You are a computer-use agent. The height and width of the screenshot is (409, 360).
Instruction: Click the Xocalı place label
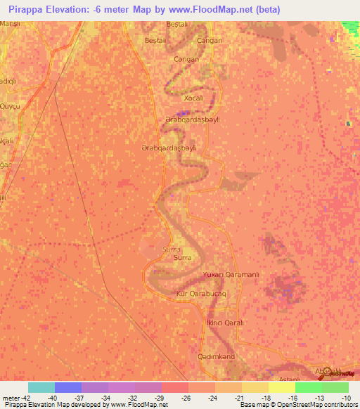[x=193, y=98]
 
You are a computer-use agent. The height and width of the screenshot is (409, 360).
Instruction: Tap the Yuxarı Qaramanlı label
[x=231, y=274]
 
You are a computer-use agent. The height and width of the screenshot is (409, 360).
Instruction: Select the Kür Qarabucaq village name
[x=201, y=293]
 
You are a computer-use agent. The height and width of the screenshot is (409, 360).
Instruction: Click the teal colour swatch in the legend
[x=41, y=387]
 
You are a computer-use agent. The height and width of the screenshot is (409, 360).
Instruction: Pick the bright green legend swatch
[x=309, y=387]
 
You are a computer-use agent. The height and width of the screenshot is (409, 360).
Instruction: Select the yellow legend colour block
[x=282, y=387]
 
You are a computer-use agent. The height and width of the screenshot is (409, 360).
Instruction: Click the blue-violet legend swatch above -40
[x=68, y=387]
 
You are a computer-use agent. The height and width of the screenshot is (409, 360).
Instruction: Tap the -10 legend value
[x=347, y=397]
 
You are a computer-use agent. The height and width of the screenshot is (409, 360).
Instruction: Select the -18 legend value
[x=266, y=397]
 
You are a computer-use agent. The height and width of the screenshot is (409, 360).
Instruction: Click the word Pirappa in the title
[x=21, y=10]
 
